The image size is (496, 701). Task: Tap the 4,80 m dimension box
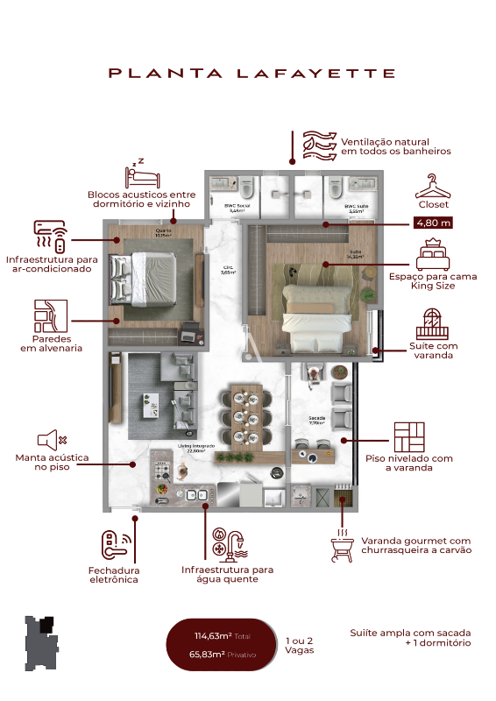click(433, 223)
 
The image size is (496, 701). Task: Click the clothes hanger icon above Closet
click(432, 187)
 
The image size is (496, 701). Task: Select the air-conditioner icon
click(49, 235)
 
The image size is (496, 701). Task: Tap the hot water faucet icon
click(228, 543)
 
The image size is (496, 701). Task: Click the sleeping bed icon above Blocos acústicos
click(142, 173)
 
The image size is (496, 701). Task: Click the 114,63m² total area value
click(213, 637)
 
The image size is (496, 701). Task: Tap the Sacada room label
click(316, 419)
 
